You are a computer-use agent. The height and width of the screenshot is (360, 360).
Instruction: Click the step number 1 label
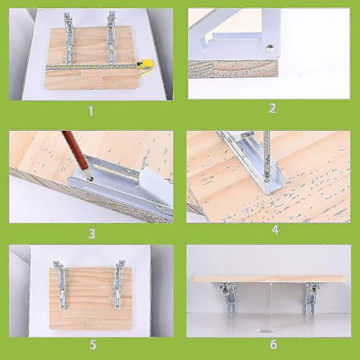[x=91, y=111]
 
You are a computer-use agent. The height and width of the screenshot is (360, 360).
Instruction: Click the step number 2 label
[x=272, y=108]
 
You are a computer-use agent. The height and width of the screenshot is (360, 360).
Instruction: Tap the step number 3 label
[x=92, y=234]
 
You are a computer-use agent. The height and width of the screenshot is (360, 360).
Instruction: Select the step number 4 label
[x=275, y=230]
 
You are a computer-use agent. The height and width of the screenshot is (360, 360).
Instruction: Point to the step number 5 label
[x=92, y=345]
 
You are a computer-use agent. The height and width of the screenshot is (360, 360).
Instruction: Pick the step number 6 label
[x=273, y=344]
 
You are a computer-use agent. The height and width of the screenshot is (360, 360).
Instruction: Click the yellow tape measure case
[x=145, y=66]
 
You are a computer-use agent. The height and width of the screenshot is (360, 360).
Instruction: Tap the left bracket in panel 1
[x=68, y=38]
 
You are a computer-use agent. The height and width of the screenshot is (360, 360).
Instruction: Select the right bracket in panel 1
[x=112, y=38]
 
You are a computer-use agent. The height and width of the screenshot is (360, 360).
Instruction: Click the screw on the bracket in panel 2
[x=269, y=47]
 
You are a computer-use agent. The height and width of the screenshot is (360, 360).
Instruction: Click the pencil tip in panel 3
[x=90, y=178]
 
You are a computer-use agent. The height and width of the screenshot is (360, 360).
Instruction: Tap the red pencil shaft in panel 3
[x=76, y=150]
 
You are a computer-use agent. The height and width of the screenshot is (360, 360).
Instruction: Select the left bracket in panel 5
[x=61, y=284]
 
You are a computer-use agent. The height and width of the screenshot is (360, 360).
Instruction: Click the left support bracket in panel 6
[x=228, y=298]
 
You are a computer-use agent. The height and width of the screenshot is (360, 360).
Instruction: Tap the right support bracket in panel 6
[x=311, y=298]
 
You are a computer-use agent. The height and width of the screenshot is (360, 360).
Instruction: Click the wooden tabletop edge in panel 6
[x=269, y=279]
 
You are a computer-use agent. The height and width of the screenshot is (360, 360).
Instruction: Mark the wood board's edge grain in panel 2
[x=233, y=69]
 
